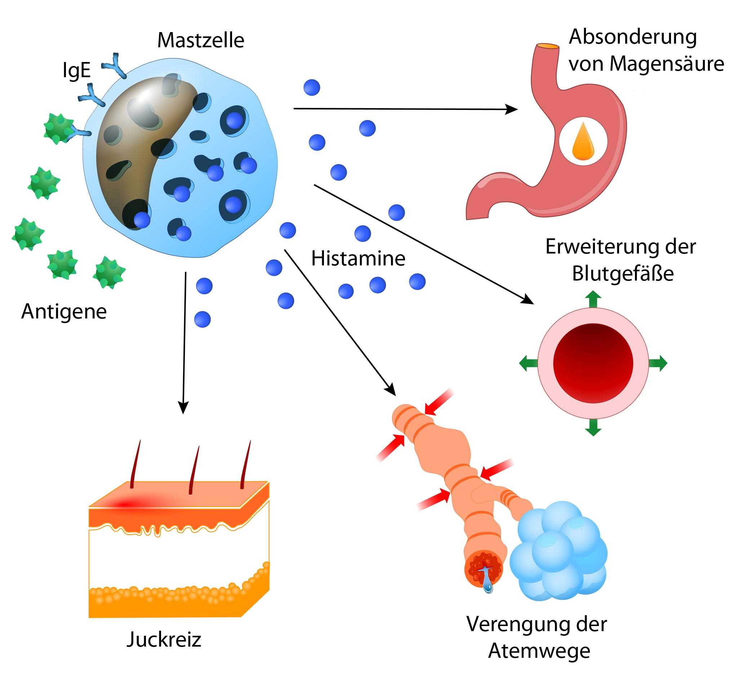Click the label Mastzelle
coord(201,40)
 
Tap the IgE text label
coord(76,70)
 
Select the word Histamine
coord(358,259)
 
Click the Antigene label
coord(64,312)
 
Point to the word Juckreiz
coord(164,640)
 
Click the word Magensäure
coord(667,64)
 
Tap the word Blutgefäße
coord(623,274)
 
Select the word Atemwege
coord(539,651)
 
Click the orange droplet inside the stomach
coord(583,142)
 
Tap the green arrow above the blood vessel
coord(593,299)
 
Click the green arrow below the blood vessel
coord(593,427)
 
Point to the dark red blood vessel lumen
coord(593,363)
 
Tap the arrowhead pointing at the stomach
coord(512,109)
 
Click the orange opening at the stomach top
coord(548,47)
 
